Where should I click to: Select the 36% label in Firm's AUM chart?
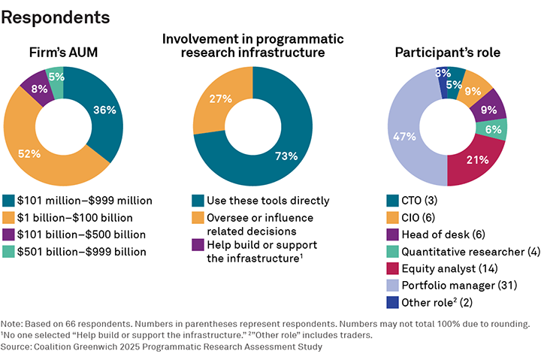[104, 110]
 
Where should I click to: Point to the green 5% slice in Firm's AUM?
[55, 77]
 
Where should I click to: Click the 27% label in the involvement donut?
[220, 98]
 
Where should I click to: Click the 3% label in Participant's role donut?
[443, 74]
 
